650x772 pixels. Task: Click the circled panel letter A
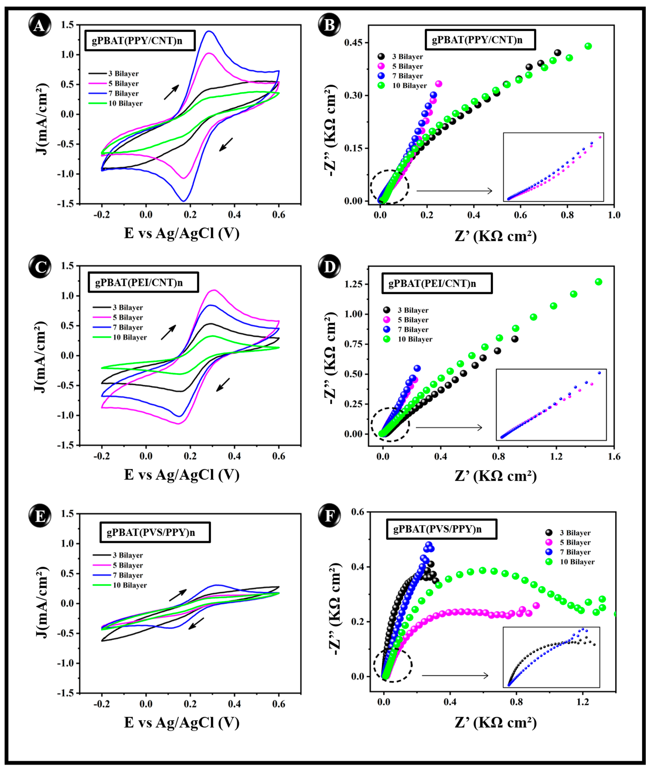pos(39,26)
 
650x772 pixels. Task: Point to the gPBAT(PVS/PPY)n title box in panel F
pos(441,529)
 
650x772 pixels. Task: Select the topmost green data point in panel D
pos(598,282)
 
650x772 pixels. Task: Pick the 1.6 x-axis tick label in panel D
pos(614,457)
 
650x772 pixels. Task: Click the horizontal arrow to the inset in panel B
pos(454,191)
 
